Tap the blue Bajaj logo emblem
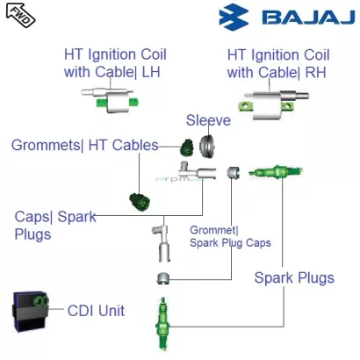235,18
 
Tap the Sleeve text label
208,119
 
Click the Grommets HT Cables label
85,144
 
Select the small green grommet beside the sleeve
186,145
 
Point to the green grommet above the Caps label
138,201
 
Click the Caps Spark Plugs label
54,225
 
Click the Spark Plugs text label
294,278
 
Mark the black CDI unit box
33,310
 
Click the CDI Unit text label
97,310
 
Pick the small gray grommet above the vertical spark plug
162,279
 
